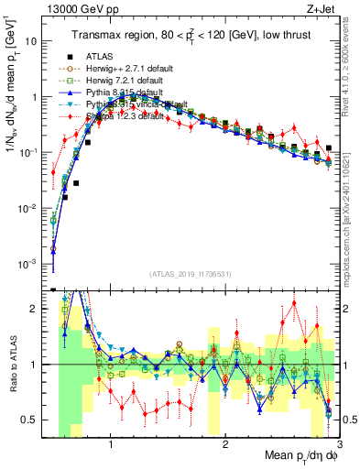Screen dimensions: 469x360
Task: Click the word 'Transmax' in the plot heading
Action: (97, 36)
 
